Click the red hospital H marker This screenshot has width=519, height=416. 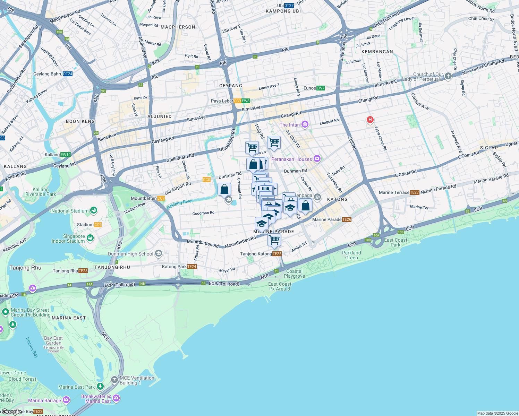click(370, 120)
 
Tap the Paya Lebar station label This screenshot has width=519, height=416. click(222, 101)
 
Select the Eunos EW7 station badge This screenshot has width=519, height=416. click(320, 88)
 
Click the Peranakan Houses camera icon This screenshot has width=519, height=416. click(317, 159)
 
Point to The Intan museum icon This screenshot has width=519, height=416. click(305, 125)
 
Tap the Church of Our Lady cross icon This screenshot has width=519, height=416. click(448, 76)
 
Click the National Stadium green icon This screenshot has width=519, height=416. click(93, 210)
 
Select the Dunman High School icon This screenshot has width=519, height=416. click(159, 254)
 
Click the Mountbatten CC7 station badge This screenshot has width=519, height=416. click(161, 198)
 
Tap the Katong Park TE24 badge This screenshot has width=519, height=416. click(192, 267)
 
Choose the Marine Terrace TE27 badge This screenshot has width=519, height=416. click(414, 192)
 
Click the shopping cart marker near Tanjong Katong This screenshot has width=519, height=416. click(274, 240)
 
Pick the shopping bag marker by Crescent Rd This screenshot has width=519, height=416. click(224, 190)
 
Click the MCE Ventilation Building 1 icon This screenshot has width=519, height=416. click(115, 380)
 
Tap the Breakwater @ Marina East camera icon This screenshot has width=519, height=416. click(116, 398)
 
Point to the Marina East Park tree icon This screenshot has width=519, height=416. click(100, 386)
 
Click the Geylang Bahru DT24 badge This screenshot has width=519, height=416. click(68, 74)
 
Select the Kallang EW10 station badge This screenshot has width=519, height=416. click(66, 155)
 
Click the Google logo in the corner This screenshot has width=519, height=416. click(11, 412)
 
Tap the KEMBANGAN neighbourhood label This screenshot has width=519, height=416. click(377, 52)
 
